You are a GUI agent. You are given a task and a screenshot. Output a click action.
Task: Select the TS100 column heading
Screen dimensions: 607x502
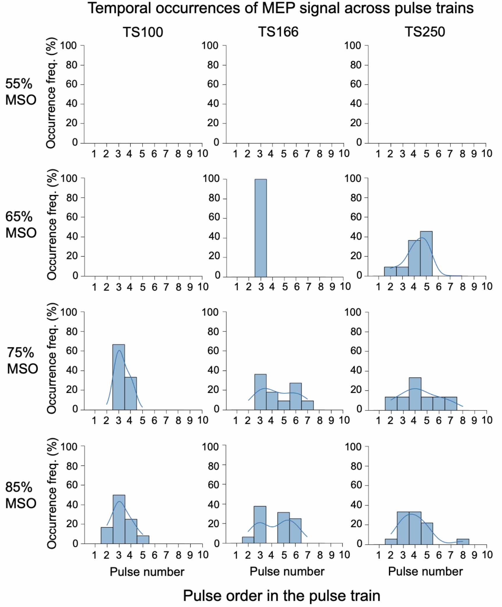[143, 32]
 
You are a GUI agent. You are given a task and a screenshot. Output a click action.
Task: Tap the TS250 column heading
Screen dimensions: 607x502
[425, 32]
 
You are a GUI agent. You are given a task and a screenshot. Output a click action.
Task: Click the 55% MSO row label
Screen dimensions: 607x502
[20, 92]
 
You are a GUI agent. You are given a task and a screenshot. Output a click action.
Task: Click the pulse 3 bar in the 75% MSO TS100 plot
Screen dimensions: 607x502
[118, 377]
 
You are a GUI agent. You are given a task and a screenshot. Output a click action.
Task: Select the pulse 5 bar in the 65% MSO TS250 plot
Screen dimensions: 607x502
[426, 254]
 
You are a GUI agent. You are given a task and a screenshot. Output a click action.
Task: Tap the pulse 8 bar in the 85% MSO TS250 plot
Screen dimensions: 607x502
[462, 542]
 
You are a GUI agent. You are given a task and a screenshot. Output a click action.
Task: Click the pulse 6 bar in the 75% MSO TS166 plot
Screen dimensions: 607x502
[295, 396]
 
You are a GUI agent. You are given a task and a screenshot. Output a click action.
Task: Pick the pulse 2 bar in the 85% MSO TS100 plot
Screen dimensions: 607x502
[107, 535]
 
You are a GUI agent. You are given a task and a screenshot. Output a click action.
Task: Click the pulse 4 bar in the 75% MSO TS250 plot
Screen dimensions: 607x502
[415, 394]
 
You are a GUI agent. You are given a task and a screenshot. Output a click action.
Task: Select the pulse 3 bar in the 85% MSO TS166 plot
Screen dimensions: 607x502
[260, 525]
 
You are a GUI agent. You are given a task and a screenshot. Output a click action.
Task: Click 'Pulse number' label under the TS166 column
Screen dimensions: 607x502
[287, 572]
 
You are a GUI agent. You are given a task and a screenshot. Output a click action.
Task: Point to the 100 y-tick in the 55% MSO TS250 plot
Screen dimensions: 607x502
[352, 46]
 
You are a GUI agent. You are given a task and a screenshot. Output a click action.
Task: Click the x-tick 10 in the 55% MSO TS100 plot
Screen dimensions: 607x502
[203, 154]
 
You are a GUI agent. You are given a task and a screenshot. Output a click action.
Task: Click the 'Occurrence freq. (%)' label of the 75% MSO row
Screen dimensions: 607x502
[52, 358]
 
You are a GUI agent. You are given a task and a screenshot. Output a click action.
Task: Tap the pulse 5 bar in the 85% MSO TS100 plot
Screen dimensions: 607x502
[143, 540]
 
